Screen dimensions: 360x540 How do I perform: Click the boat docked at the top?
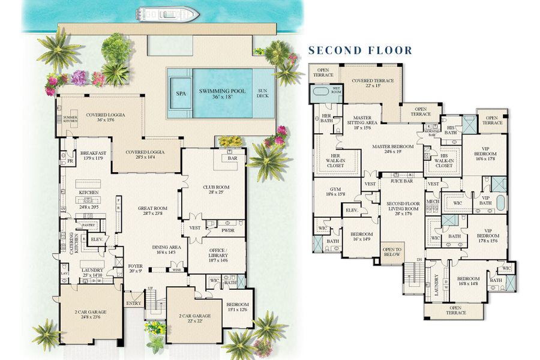pyautogui.click(x=167, y=13)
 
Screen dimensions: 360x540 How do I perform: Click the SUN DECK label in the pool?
pyautogui.click(x=263, y=93)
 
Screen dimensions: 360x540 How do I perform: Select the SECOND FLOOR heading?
pyautogui.click(x=360, y=50)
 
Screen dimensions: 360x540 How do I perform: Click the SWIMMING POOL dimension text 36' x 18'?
pyautogui.click(x=218, y=98)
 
